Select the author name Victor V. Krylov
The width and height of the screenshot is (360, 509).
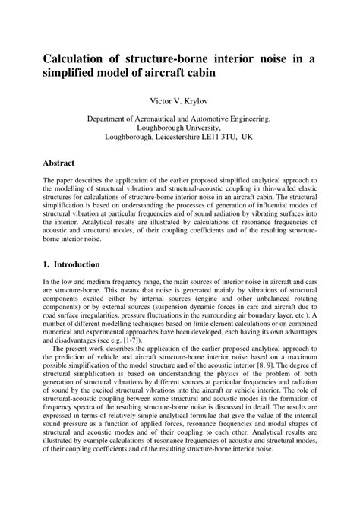pyautogui.click(x=179, y=100)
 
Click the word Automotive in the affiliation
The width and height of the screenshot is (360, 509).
pyautogui.click(x=216, y=119)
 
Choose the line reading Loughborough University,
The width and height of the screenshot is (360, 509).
pyautogui.click(x=179, y=129)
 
